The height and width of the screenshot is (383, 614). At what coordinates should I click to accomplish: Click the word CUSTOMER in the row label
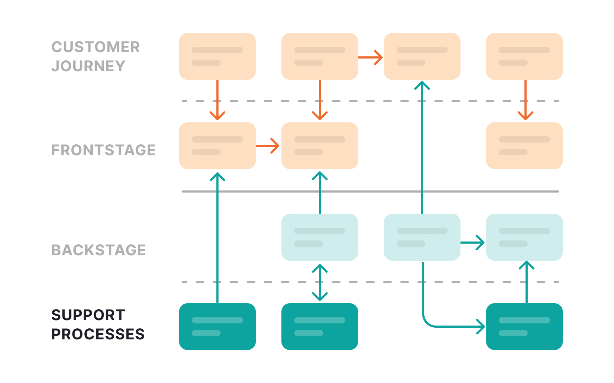pyautogui.click(x=96, y=47)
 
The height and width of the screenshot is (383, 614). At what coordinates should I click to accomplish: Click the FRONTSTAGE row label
pyautogui.click(x=103, y=150)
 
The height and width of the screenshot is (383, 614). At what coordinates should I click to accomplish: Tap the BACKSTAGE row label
pyautogui.click(x=99, y=250)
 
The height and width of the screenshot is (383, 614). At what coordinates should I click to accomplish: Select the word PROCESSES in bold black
pyautogui.click(x=98, y=334)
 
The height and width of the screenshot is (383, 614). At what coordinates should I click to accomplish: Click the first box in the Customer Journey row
pyautogui.click(x=217, y=56)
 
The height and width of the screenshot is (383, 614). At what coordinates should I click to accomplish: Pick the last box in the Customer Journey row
pyautogui.click(x=524, y=56)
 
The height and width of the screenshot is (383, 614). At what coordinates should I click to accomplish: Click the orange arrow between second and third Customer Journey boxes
pyautogui.click(x=370, y=57)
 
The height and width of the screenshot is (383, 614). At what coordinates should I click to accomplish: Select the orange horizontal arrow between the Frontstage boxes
pyautogui.click(x=268, y=146)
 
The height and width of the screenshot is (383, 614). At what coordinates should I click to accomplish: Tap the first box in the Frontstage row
pyautogui.click(x=217, y=146)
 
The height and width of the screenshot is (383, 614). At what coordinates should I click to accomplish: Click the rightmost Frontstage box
pyautogui.click(x=524, y=146)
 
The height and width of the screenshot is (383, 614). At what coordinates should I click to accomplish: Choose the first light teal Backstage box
pyautogui.click(x=319, y=237)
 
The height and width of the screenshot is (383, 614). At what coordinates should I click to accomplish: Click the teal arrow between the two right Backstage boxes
pyautogui.click(x=473, y=243)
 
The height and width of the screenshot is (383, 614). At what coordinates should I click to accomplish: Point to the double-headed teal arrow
pyautogui.click(x=320, y=282)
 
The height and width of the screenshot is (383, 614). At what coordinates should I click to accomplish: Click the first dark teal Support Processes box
pyautogui.click(x=217, y=327)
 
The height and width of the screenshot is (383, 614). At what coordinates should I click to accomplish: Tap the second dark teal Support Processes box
pyautogui.click(x=319, y=327)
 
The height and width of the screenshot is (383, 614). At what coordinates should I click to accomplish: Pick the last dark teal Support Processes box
pyautogui.click(x=524, y=327)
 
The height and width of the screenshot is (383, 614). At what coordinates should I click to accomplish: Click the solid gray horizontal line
pyautogui.click(x=370, y=191)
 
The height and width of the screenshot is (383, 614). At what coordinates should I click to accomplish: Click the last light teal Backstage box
pyautogui.click(x=524, y=237)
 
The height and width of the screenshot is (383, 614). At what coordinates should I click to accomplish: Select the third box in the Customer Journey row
pyautogui.click(x=422, y=56)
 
